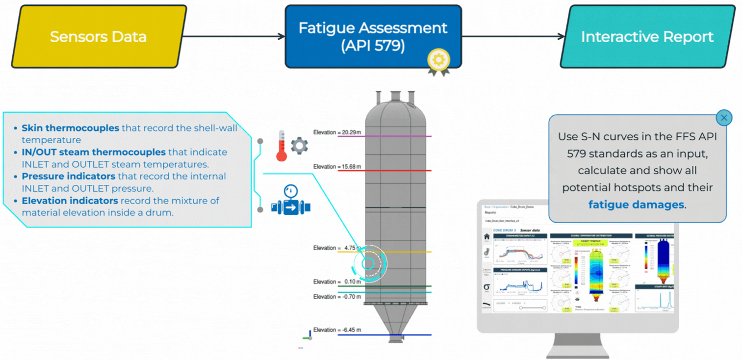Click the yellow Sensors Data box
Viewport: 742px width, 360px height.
tap(98, 37)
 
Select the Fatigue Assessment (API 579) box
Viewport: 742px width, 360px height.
tap(373, 37)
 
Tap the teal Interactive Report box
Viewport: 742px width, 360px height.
tap(647, 37)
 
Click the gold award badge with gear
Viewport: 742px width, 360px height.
tap(438, 61)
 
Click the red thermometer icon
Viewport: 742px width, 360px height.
tap(281, 146)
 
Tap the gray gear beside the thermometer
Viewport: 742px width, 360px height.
tap(299, 146)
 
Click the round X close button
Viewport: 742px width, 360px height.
tap(724, 118)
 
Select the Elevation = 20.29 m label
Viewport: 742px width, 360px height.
tap(337, 132)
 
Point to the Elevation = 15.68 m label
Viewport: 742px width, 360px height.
tap(337, 167)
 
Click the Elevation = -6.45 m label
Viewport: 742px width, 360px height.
tap(337, 330)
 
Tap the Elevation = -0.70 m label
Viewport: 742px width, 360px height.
tap(337, 297)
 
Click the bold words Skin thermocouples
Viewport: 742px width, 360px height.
tap(70, 128)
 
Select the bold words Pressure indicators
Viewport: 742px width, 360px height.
tap(69, 176)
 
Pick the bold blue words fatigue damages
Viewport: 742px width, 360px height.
tap(636, 205)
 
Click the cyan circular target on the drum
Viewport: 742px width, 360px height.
tap(367, 264)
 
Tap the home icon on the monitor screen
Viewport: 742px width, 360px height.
tap(487, 237)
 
